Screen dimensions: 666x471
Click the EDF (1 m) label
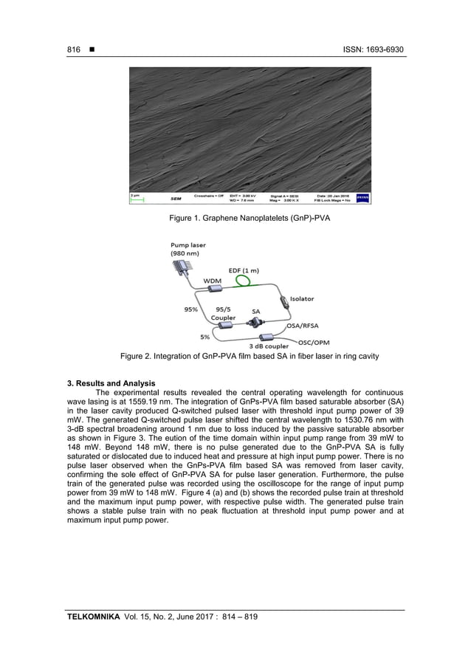(244, 270)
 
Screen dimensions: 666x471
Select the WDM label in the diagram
(213, 281)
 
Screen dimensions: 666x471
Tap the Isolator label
(301, 299)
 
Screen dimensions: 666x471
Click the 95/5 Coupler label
(224, 314)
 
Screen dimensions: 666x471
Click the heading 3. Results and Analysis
(111, 383)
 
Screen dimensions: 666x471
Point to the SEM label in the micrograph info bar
(177, 199)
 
